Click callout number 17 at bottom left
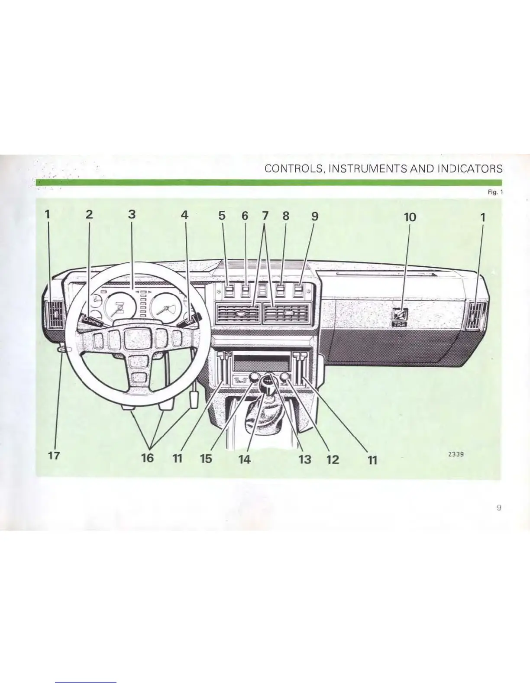point(54,456)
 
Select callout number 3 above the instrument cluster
point(132,214)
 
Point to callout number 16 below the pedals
point(148,458)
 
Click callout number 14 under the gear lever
point(245,459)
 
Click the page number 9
point(499,508)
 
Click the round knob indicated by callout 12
point(284,378)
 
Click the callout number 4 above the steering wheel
point(185,215)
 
